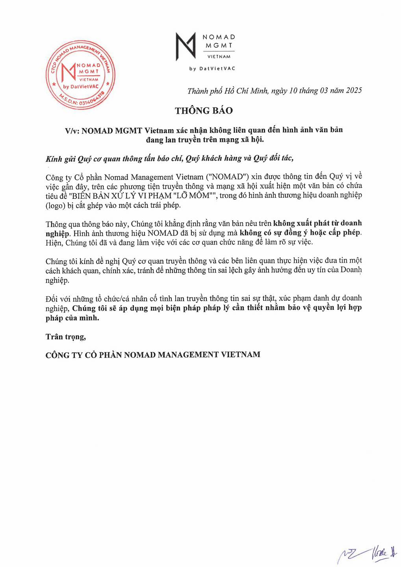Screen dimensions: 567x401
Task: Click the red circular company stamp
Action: coord(81,75)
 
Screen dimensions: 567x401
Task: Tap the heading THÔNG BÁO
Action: coord(204,111)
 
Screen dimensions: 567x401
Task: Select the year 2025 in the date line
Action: coord(354,91)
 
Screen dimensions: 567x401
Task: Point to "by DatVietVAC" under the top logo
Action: coord(212,69)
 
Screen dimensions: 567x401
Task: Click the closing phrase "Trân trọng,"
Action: coord(66,337)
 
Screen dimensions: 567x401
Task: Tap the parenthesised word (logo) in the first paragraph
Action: coord(56,206)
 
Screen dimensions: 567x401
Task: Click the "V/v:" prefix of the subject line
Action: coord(72,131)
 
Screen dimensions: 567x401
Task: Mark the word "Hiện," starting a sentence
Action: coord(54,243)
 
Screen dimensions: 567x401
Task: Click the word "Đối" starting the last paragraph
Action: coord(53,298)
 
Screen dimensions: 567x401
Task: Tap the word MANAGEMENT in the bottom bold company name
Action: coord(188,355)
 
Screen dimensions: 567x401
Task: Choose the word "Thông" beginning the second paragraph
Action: coord(56,224)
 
